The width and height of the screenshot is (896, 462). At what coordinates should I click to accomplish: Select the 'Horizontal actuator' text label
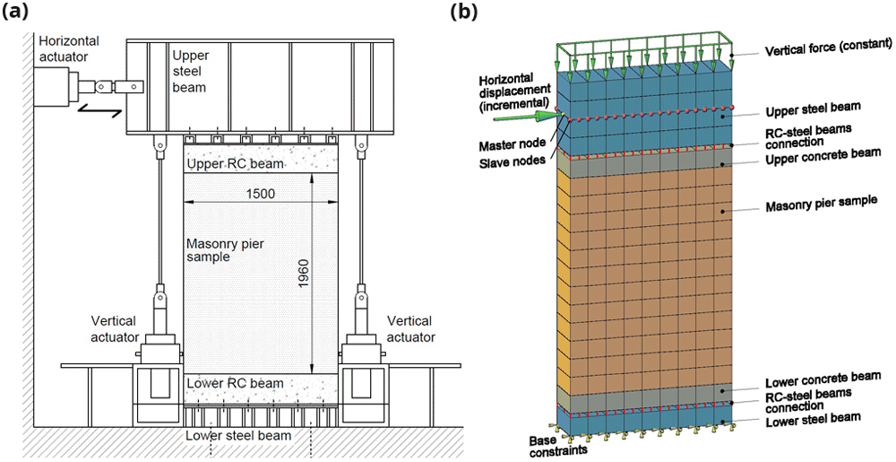pyautogui.click(x=68, y=48)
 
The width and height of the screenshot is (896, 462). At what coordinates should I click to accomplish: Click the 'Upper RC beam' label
pyautogui.click(x=234, y=165)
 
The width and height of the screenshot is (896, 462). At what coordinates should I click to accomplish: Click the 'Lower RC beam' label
pyautogui.click(x=235, y=383)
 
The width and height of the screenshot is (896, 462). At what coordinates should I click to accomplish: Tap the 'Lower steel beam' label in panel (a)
pyautogui.click(x=238, y=436)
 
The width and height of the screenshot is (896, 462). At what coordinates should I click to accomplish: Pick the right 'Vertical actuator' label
pyautogui.click(x=411, y=328)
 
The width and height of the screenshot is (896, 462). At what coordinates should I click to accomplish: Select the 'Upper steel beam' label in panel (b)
pyautogui.click(x=814, y=107)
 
